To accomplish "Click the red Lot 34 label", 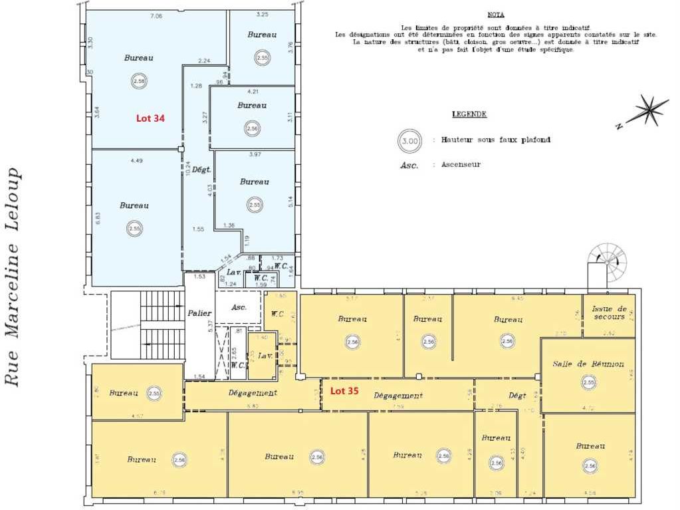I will pyautogui.click(x=150, y=118).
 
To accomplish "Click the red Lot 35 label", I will pyautogui.click(x=344, y=391).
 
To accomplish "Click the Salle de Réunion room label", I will pyautogui.click(x=588, y=364).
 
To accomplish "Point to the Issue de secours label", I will pyautogui.click(x=610, y=313).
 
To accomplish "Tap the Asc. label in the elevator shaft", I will pyautogui.click(x=239, y=307).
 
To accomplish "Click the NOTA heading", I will pyautogui.click(x=495, y=14).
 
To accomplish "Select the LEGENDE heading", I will pyautogui.click(x=469, y=114).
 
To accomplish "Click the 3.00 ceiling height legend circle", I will pyautogui.click(x=409, y=140).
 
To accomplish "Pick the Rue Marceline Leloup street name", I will pyautogui.click(x=13, y=276).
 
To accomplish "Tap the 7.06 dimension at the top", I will pyautogui.click(x=156, y=15).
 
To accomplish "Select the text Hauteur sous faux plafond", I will pyautogui.click(x=496, y=140).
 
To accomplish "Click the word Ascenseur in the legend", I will pyautogui.click(x=461, y=164).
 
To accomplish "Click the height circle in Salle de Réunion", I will pyautogui.click(x=588, y=382).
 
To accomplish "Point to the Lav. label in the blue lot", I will pyautogui.click(x=233, y=273).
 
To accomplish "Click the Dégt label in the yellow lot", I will pyautogui.click(x=517, y=396).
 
